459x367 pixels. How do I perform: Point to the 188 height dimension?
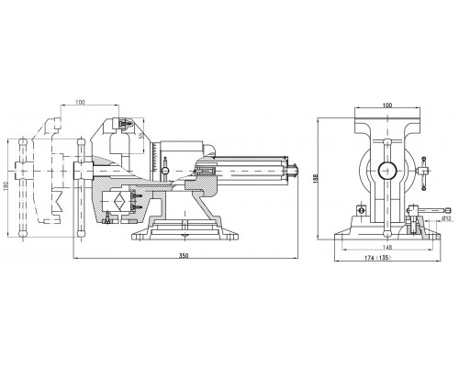pyautogui.click(x=317, y=179)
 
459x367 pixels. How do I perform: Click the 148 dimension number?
pyautogui.click(x=387, y=247)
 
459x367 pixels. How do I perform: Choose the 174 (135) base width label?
pyautogui.click(x=378, y=258)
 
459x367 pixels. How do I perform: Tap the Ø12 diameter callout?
pyautogui.click(x=447, y=218)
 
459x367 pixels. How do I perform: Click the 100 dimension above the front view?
pyautogui.click(x=387, y=106)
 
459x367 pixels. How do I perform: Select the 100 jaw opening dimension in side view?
pyautogui.click(x=80, y=102)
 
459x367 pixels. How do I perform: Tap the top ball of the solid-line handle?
pyautogui.click(x=81, y=142)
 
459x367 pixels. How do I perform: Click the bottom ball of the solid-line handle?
pyautogui.click(x=81, y=234)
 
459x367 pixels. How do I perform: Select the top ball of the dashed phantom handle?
pyautogui.click(x=23, y=142)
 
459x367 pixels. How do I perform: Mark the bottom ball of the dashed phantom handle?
pyautogui.click(x=23, y=234)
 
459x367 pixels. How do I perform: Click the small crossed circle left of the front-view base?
pyautogui.click(x=362, y=210)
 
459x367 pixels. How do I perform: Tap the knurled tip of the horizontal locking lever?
pyautogui.click(x=448, y=210)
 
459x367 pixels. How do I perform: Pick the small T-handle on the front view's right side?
pyautogui.click(x=423, y=172)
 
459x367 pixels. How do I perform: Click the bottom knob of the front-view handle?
pyautogui.click(x=387, y=234)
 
